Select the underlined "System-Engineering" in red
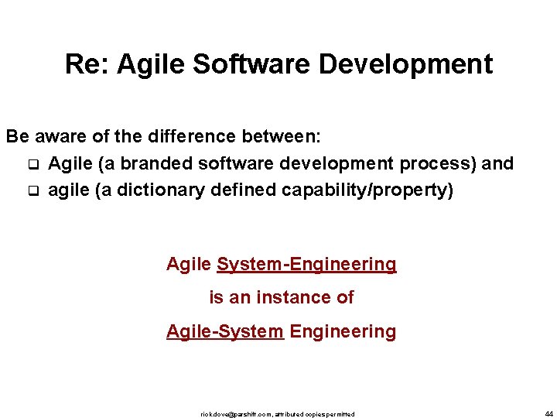tap(306, 264)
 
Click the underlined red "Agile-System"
tap(224, 331)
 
